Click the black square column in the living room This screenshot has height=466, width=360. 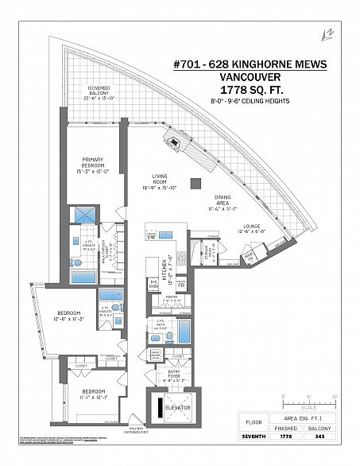[195, 184]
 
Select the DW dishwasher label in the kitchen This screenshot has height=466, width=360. [151, 237]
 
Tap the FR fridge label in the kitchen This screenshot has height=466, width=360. [181, 284]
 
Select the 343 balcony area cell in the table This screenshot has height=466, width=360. [321, 437]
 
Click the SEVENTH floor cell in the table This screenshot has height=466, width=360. [253, 437]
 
